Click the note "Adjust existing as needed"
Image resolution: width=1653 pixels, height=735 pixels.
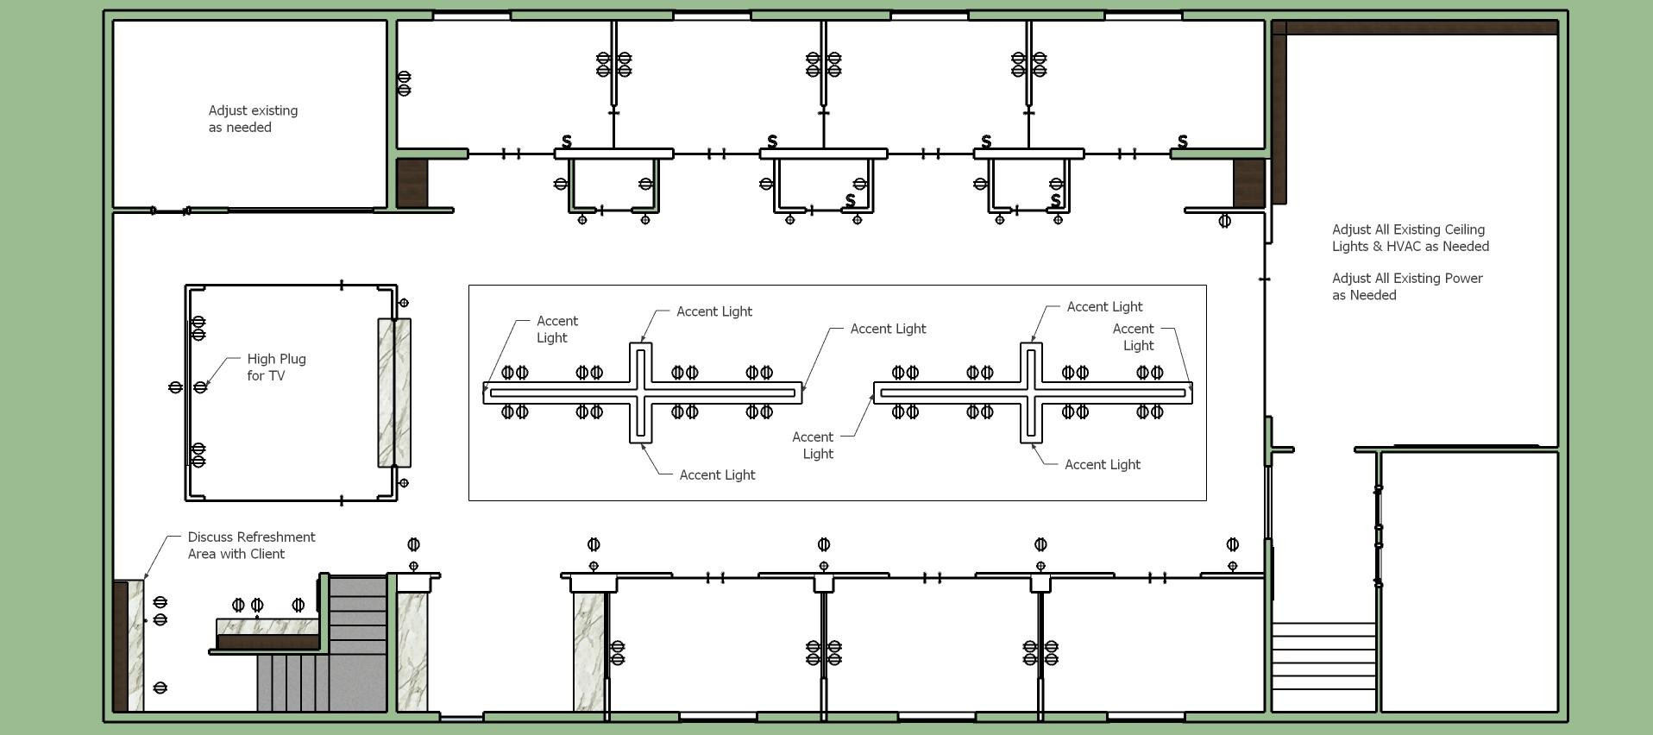pyautogui.click(x=253, y=119)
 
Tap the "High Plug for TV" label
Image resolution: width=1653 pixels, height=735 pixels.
pyautogui.click(x=276, y=367)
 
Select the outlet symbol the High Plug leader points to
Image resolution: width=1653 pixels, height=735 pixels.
pyautogui.click(x=200, y=387)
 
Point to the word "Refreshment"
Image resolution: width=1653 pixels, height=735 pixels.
pyautogui.click(x=251, y=537)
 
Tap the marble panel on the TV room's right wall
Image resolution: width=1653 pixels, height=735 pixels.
pyautogui.click(x=394, y=393)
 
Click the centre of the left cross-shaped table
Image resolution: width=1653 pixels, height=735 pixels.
pyautogui.click(x=640, y=393)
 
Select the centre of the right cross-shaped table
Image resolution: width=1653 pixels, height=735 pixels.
pyautogui.click(x=1032, y=393)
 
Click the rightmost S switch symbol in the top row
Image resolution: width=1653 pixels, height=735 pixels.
pyautogui.click(x=1183, y=141)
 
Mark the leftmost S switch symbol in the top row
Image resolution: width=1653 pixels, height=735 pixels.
pyautogui.click(x=567, y=141)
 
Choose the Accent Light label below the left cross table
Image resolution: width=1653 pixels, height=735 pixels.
pyautogui.click(x=717, y=475)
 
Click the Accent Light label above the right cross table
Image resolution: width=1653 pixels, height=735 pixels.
pyautogui.click(x=1104, y=307)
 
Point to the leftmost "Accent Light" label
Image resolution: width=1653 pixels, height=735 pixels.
pyautogui.click(x=556, y=330)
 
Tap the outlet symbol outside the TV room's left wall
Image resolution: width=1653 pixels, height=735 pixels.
pyautogui.click(x=175, y=387)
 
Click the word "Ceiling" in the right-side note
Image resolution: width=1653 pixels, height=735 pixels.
pyautogui.click(x=1462, y=229)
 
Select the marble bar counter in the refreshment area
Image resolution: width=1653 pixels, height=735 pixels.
pyautogui.click(x=267, y=626)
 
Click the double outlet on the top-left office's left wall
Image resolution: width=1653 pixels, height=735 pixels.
pyautogui.click(x=404, y=84)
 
